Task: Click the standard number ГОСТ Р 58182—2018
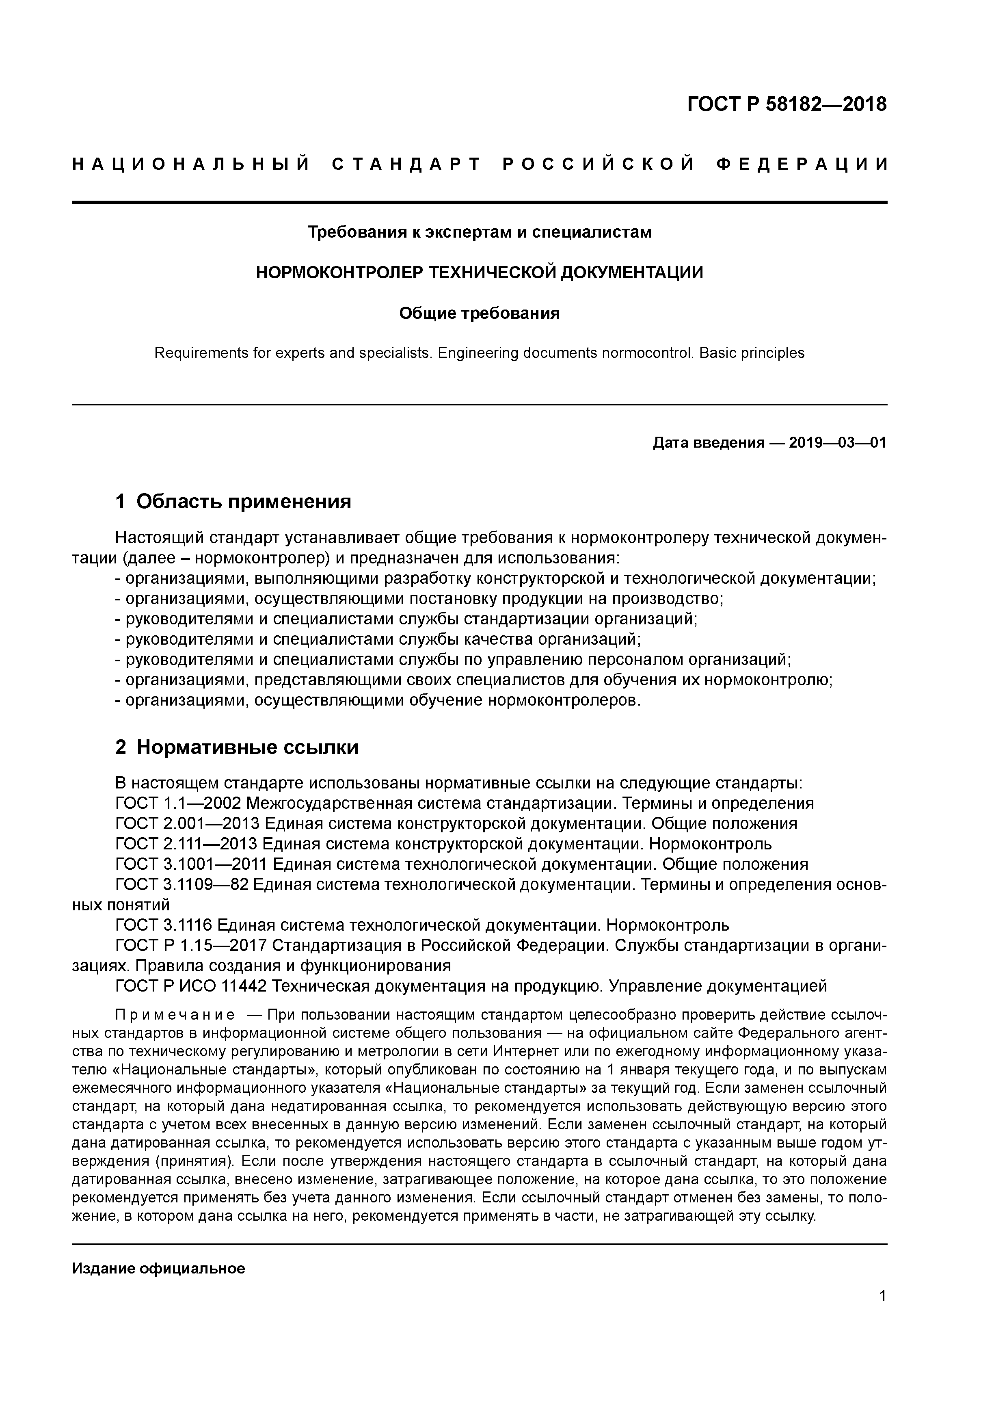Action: click(787, 104)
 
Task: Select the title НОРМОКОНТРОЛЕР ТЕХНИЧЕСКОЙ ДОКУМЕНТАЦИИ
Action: click(480, 273)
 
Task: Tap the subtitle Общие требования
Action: click(479, 314)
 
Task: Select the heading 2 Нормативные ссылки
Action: click(237, 747)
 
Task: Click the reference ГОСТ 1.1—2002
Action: click(178, 803)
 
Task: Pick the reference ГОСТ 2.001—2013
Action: click(187, 823)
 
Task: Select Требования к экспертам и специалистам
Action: click(480, 232)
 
